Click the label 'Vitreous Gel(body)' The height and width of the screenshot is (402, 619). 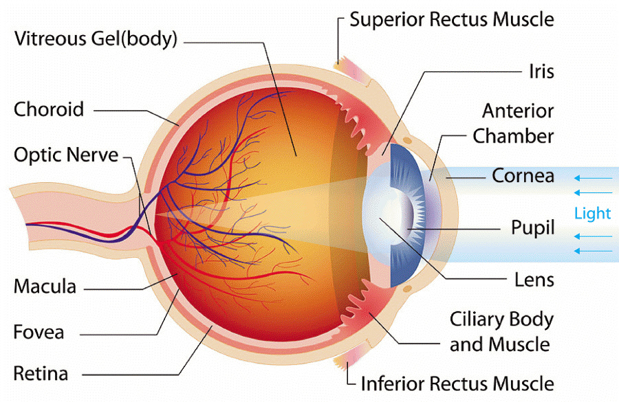(96, 38)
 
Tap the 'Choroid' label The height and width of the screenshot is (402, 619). (49, 109)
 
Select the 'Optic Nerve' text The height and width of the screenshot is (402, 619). (66, 154)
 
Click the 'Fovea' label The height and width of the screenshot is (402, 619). (39, 332)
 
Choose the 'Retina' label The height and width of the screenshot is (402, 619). (41, 374)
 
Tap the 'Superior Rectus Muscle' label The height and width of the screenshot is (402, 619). (451, 19)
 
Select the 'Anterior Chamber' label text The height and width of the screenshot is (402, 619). (513, 124)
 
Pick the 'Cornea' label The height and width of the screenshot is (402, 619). (523, 175)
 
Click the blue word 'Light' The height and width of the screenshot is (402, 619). (592, 214)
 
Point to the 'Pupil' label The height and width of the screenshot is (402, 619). (532, 227)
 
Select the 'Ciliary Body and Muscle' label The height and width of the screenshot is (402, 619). (501, 331)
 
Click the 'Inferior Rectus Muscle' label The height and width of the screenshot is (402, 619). (457, 382)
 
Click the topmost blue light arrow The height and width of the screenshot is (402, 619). (591, 179)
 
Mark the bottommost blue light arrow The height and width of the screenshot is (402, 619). (591, 251)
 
